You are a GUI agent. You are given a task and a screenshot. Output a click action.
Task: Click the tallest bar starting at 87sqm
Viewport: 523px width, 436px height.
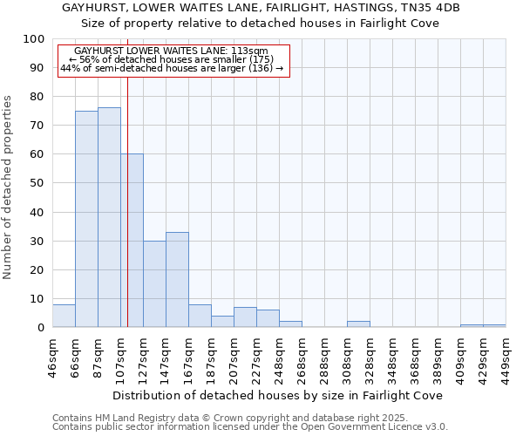click(109, 217)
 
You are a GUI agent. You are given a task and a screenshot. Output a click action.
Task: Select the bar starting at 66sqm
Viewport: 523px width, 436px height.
click(86, 219)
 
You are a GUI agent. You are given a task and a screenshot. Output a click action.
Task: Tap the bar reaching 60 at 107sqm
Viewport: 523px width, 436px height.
click(132, 241)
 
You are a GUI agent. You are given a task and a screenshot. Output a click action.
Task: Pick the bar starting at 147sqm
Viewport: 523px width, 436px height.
click(177, 280)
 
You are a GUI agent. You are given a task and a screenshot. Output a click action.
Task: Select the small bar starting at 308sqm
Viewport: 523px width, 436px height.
click(358, 324)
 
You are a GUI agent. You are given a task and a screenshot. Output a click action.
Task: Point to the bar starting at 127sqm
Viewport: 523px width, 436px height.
click(154, 284)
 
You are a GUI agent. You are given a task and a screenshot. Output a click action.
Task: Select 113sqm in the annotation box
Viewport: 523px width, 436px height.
click(251, 51)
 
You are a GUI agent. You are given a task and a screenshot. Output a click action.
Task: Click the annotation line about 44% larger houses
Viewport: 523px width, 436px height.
click(172, 68)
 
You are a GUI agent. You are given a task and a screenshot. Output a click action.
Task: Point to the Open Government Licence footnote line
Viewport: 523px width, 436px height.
click(249, 427)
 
